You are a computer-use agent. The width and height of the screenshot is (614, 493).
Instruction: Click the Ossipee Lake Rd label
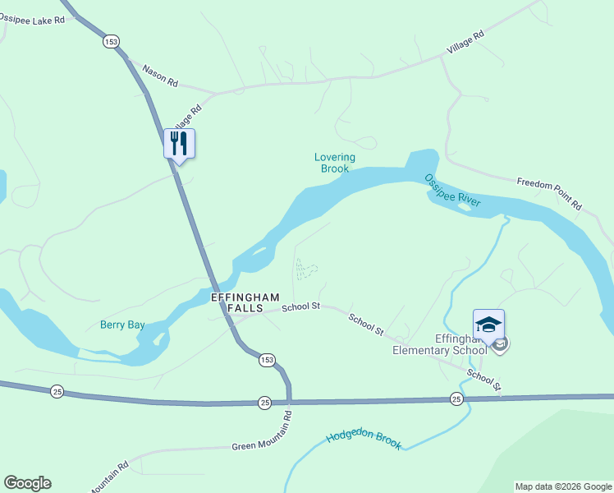point(31,19)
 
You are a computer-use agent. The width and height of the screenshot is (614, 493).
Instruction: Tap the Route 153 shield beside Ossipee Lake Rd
point(112,41)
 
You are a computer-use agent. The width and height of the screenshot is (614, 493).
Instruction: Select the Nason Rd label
point(160,76)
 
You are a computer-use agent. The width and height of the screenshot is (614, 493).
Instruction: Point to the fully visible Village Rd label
point(465,43)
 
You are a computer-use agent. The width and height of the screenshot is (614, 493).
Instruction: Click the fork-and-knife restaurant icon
point(179,144)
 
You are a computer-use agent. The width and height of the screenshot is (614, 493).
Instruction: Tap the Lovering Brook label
point(335,163)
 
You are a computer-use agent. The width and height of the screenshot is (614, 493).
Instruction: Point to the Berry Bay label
point(122,325)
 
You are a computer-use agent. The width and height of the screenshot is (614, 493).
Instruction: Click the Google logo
point(27,483)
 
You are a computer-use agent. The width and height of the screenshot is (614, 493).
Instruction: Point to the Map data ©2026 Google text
point(564,486)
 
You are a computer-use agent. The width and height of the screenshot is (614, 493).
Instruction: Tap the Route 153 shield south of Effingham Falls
point(266,360)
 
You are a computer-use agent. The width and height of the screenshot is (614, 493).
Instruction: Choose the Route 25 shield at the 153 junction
point(264,402)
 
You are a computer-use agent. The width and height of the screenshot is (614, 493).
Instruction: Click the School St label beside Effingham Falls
point(300,307)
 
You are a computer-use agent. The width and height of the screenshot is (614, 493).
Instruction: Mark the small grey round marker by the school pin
point(502,343)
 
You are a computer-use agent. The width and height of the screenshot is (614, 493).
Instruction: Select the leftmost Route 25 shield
point(57,389)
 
